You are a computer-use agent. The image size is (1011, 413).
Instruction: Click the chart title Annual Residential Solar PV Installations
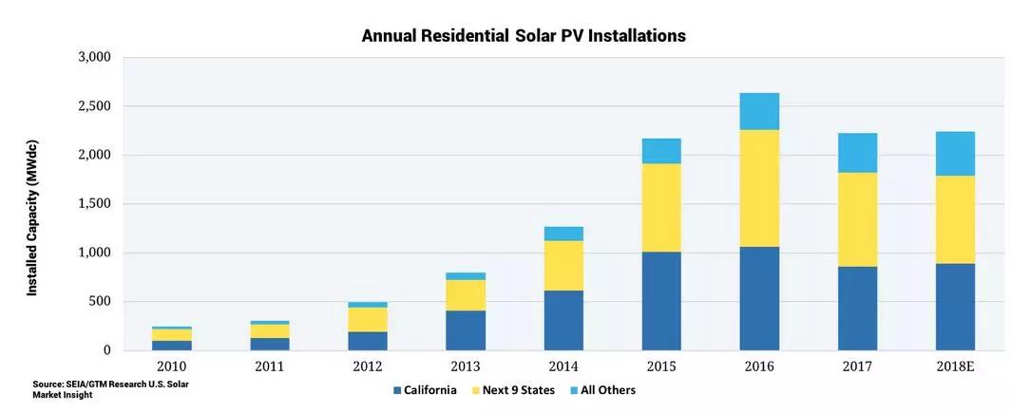524,36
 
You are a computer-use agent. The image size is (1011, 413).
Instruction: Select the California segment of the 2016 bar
759,298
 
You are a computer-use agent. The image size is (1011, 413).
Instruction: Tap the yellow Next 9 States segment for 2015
661,208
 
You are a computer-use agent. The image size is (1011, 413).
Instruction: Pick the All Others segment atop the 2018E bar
955,154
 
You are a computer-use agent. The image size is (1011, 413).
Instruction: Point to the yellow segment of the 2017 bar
857,219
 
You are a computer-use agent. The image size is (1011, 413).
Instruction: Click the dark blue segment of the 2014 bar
563,320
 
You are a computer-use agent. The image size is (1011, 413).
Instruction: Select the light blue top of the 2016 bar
759,111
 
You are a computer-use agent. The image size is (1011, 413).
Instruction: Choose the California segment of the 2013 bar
466,330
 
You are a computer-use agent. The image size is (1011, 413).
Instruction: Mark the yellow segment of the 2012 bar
368,319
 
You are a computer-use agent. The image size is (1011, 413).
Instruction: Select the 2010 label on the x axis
172,366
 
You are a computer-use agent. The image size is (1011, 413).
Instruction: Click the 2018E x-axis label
955,366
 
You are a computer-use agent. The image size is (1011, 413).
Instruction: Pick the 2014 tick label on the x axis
563,366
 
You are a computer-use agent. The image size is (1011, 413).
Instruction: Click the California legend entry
424,390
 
